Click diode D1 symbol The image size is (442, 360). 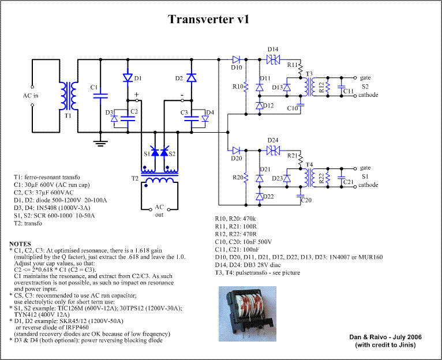click(x=128, y=77)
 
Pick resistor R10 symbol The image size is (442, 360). click(x=246, y=87)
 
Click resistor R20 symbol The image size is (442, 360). click(x=246, y=177)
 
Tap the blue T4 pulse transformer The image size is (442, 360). click(x=309, y=177)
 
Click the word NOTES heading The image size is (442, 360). click(x=21, y=244)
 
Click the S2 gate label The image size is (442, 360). click(x=365, y=77)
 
